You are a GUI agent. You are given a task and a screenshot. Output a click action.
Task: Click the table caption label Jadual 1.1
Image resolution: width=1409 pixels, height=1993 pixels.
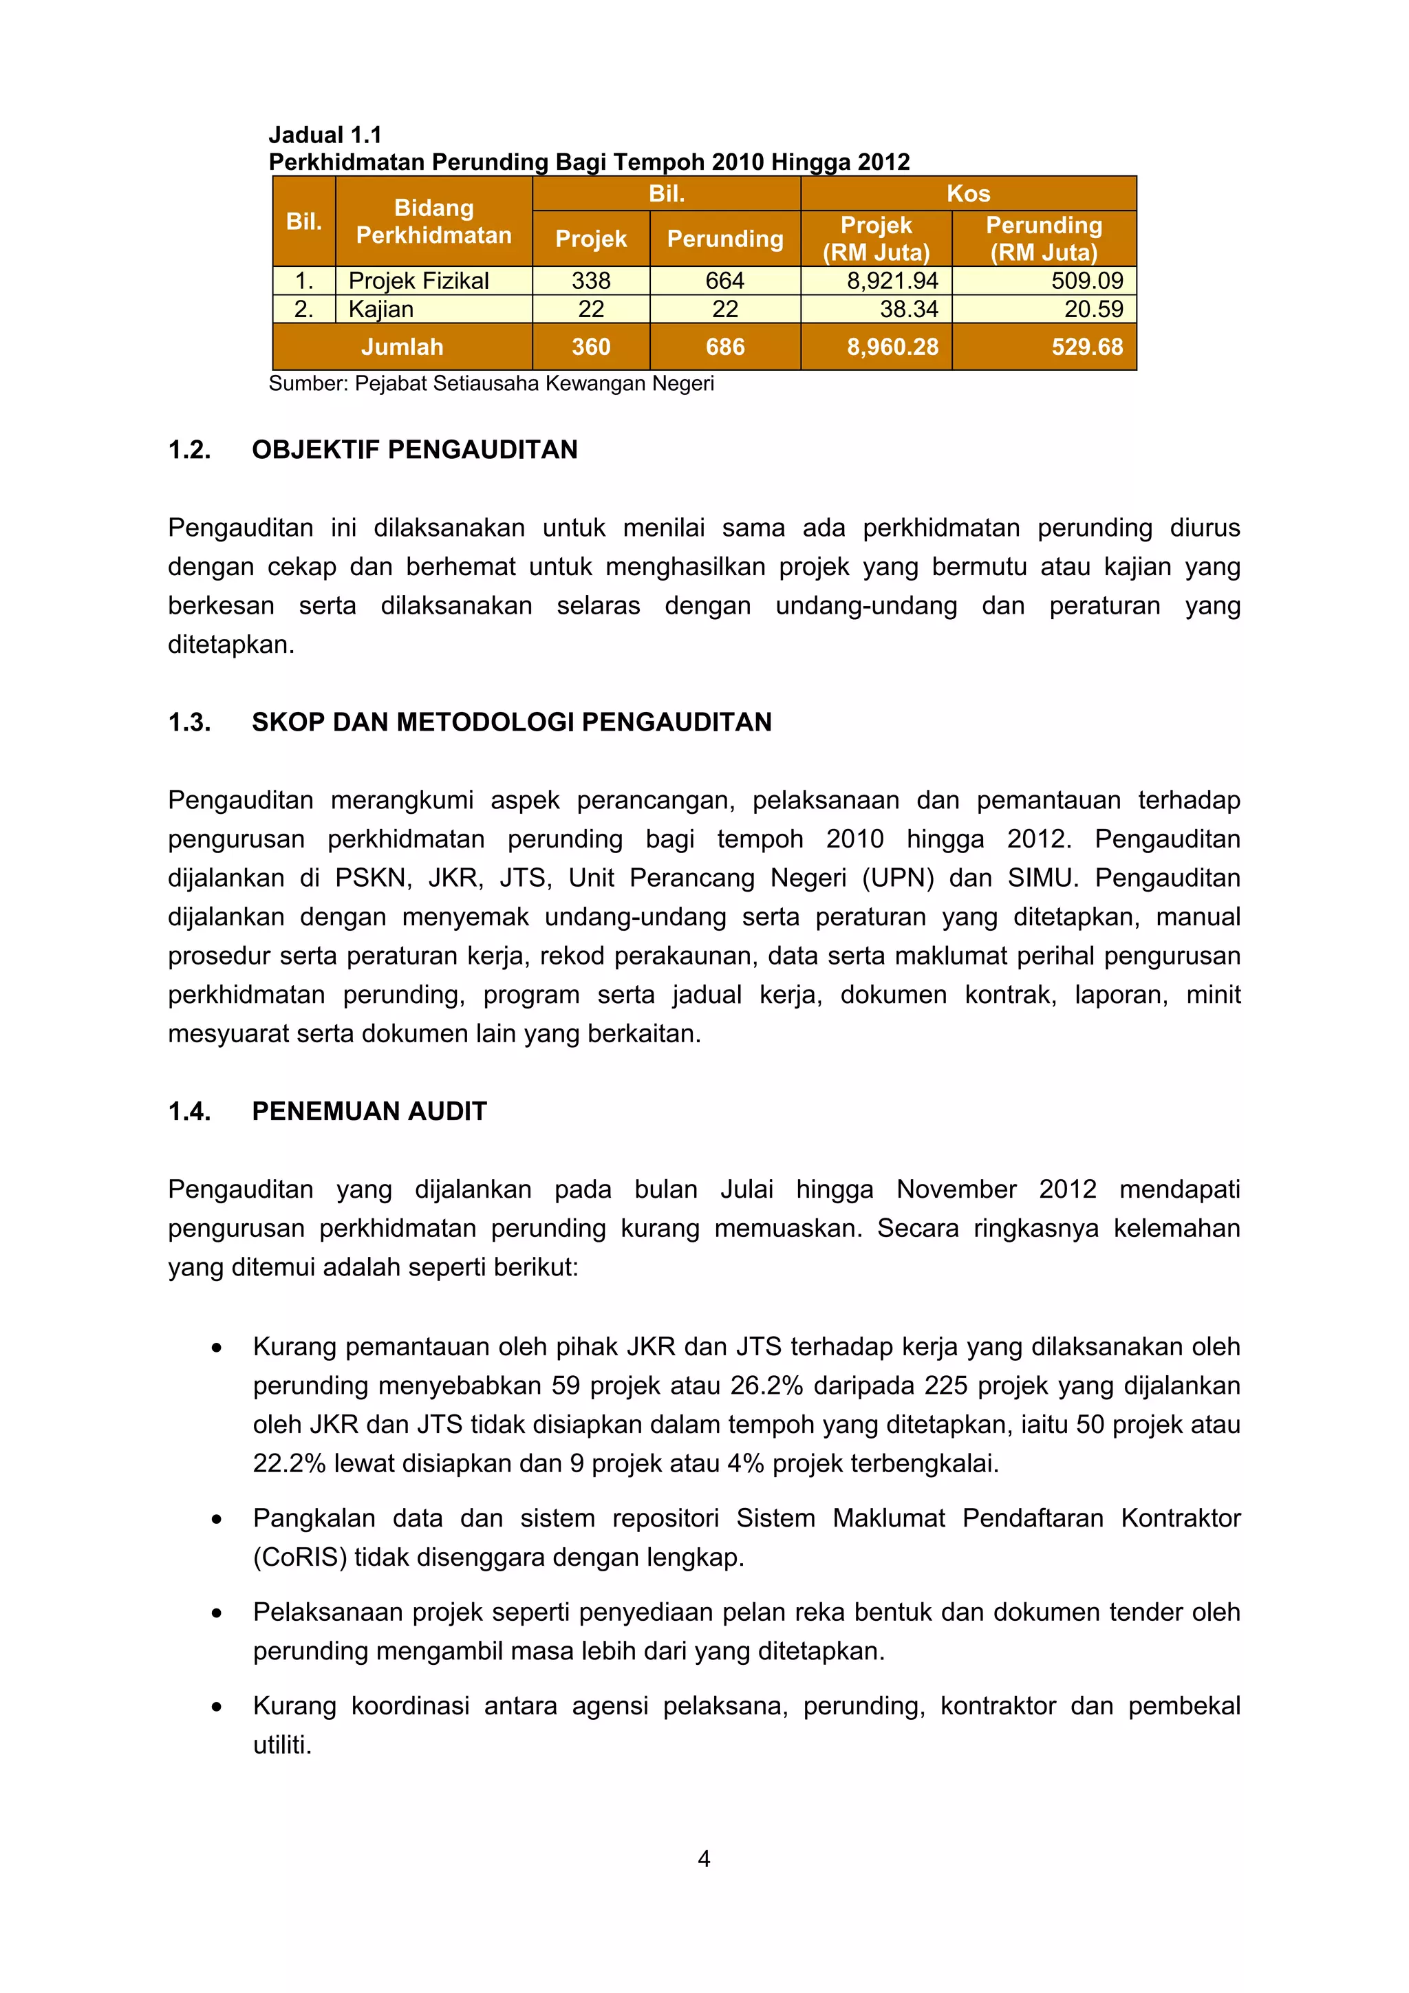tap(325, 135)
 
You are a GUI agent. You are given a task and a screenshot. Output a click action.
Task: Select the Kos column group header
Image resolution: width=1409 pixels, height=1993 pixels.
tap(968, 193)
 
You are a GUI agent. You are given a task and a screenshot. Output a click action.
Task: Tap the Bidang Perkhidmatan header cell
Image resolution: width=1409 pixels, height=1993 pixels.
tap(433, 222)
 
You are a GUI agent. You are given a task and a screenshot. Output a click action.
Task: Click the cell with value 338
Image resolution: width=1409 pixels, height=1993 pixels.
tap(590, 281)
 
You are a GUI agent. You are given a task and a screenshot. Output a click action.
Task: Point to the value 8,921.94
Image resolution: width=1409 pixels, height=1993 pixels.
tap(892, 281)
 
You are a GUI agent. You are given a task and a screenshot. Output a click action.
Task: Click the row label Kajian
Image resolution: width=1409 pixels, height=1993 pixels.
tap(380, 309)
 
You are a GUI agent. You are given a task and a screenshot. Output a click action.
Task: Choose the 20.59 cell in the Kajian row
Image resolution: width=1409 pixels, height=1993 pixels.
tap(1093, 309)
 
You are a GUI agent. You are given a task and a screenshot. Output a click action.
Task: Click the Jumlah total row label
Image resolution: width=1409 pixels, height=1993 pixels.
tap(402, 347)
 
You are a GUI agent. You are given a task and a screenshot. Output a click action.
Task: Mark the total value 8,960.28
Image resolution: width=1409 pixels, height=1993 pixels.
tap(892, 347)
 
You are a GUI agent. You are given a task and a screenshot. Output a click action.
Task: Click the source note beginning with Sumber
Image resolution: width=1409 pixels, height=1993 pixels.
tap(491, 384)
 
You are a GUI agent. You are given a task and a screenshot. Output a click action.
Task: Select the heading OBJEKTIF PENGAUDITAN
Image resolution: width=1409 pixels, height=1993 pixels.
tap(414, 450)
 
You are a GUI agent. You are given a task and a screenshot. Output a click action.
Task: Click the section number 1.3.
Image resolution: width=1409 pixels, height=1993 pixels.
tap(189, 722)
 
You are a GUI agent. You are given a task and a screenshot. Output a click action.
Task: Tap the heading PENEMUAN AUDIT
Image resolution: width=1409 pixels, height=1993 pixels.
tap(369, 1111)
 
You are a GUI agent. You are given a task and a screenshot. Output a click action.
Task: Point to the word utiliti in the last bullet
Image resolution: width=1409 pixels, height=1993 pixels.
tap(281, 1745)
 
